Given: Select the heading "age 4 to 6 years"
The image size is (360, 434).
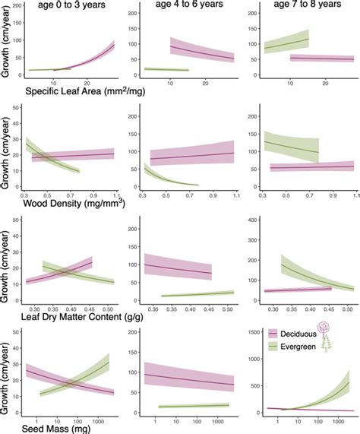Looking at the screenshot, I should coord(191,7).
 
